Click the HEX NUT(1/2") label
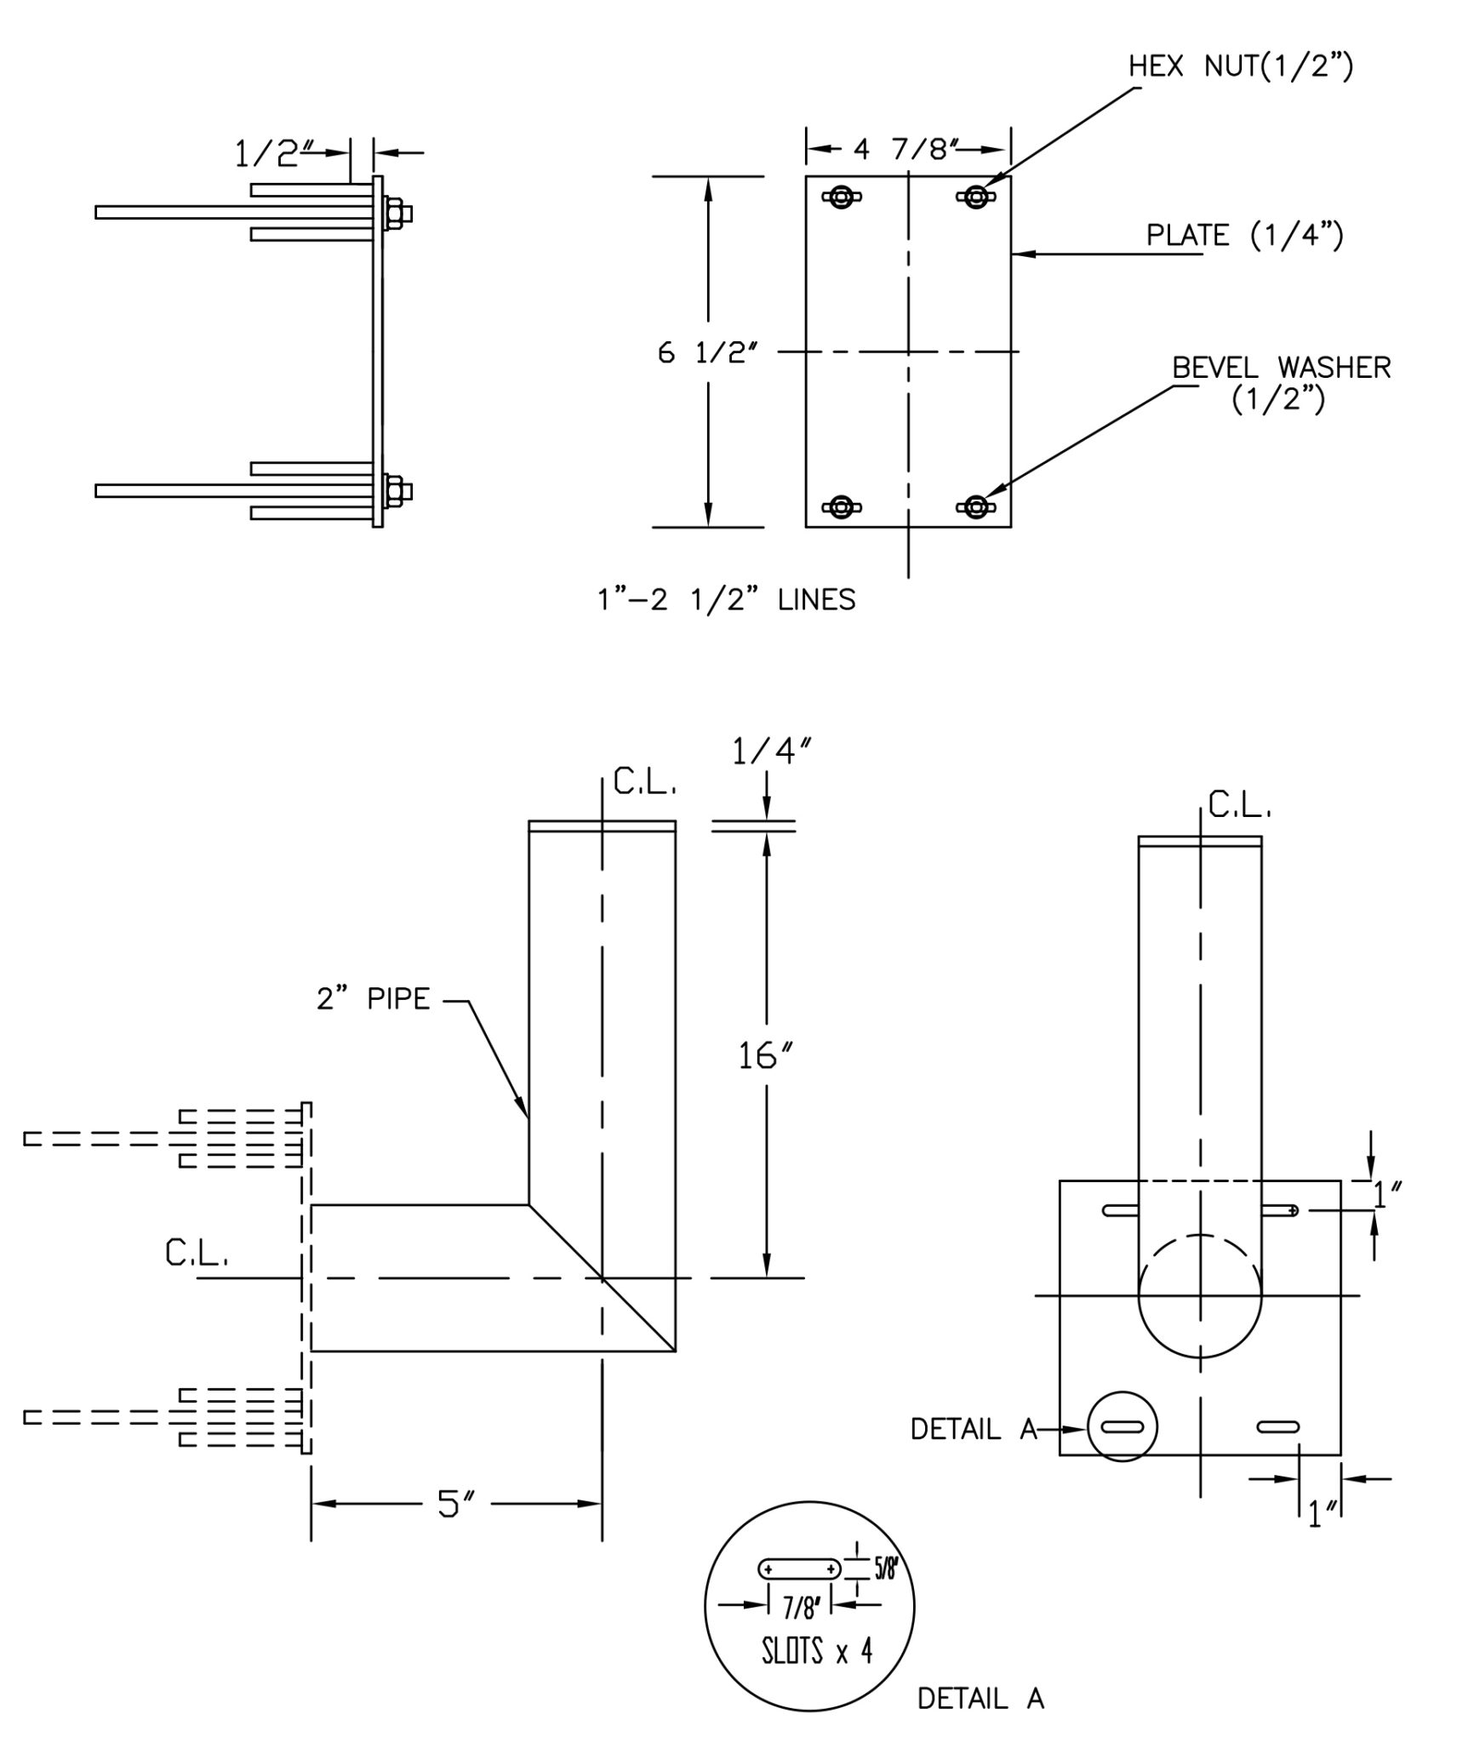point(1240,66)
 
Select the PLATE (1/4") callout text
point(1244,235)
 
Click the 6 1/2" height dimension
point(707,352)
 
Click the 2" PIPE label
point(374,998)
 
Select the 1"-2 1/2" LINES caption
point(726,600)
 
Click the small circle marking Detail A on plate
point(1122,1426)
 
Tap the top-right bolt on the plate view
point(975,197)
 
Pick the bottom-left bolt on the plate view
point(841,507)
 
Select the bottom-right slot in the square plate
point(1278,1426)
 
